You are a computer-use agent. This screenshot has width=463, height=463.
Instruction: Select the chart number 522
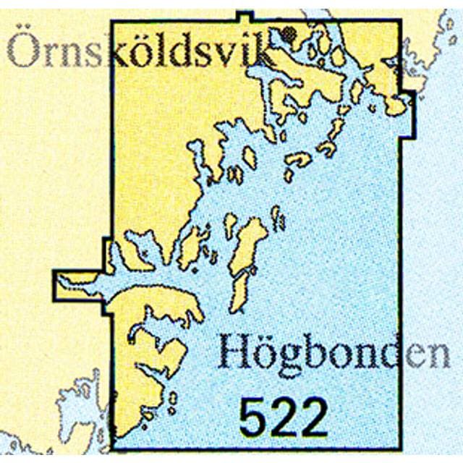284,418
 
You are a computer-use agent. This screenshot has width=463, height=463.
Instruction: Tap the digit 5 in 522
254,418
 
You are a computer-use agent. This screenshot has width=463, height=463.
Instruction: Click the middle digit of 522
284,418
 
